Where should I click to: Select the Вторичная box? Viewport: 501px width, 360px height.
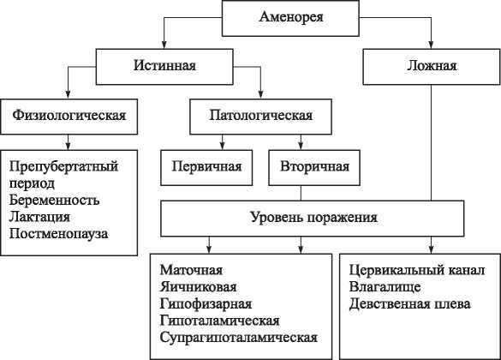pos(308,165)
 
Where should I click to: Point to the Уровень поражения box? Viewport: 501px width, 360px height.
pos(313,217)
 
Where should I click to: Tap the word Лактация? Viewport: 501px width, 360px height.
pos(39,216)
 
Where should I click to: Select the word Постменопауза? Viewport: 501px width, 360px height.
pos(61,232)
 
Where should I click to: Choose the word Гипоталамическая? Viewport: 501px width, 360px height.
pos(218,320)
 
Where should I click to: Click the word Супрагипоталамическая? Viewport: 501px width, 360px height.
pos(238,337)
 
